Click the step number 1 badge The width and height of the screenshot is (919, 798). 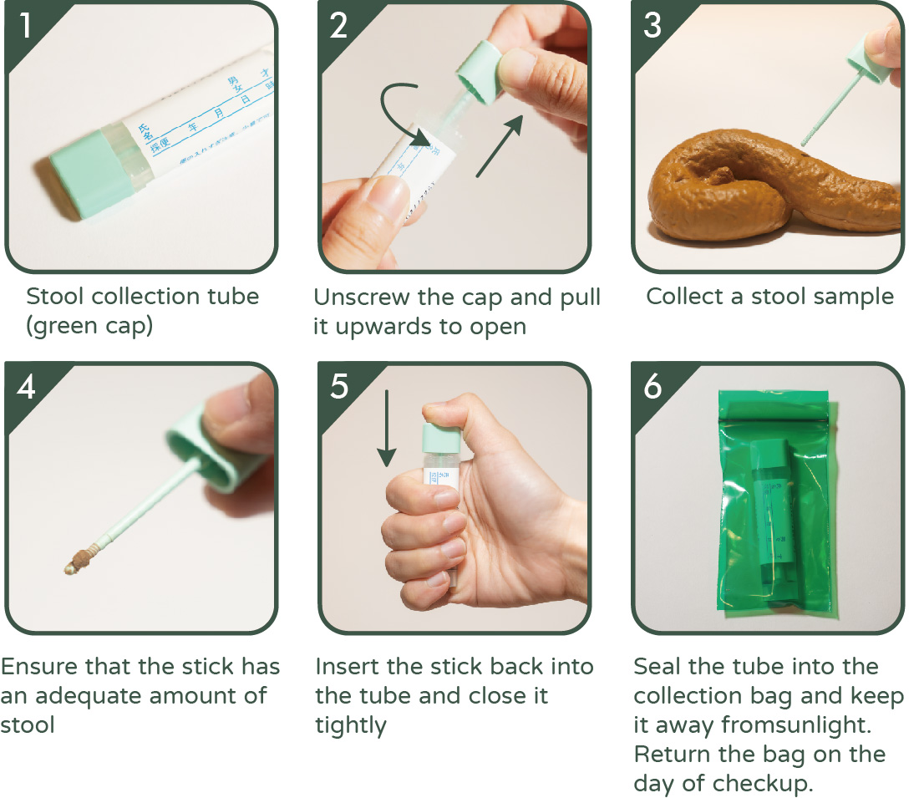(26, 26)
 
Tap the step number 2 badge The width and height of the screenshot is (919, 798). (338, 26)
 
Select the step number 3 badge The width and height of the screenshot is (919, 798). (652, 26)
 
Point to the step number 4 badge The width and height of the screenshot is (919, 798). (26, 387)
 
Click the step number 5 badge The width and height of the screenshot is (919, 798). (338, 387)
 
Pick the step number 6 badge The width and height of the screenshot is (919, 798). (652, 387)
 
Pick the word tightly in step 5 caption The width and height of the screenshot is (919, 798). (351, 724)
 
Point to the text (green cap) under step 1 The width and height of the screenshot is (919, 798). (89, 325)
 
